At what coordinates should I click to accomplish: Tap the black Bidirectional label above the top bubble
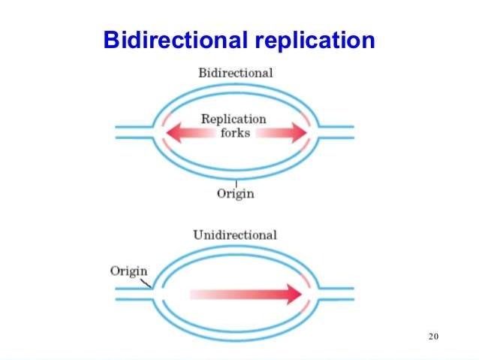(235, 74)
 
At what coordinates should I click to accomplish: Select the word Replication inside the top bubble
(233, 119)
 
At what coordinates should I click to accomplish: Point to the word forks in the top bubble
(234, 132)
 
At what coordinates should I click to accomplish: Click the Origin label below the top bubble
(236, 194)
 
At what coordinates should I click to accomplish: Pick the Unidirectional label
(235, 234)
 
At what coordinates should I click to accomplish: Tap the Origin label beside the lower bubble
(128, 271)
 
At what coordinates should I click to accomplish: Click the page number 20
(432, 335)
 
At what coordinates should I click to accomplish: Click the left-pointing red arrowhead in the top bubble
(175, 133)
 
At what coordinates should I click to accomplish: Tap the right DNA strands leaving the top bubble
(336, 132)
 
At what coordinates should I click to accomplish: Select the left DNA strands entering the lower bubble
(134, 293)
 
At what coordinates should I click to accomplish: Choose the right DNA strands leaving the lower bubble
(336, 293)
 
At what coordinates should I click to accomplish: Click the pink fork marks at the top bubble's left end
(166, 132)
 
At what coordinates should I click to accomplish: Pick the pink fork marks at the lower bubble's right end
(306, 293)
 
